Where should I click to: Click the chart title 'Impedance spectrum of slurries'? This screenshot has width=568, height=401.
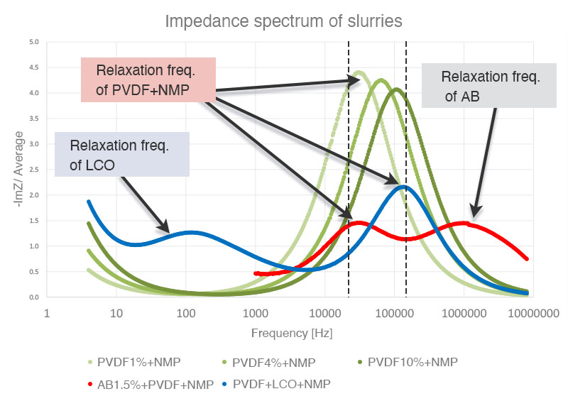(283, 21)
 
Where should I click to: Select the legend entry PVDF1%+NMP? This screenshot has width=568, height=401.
(134, 362)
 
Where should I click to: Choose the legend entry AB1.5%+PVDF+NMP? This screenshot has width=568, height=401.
(150, 384)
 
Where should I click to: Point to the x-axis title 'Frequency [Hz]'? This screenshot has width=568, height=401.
(291, 332)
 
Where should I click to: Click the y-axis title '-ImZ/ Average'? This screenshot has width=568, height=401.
(20, 170)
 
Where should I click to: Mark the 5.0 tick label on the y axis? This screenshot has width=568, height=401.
(33, 42)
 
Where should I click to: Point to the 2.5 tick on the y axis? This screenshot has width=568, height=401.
(33, 170)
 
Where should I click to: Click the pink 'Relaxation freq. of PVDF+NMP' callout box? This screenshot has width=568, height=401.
(148, 79)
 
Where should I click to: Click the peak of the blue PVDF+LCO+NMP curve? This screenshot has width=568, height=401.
(403, 187)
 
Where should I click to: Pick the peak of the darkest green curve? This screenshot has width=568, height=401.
(396, 89)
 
